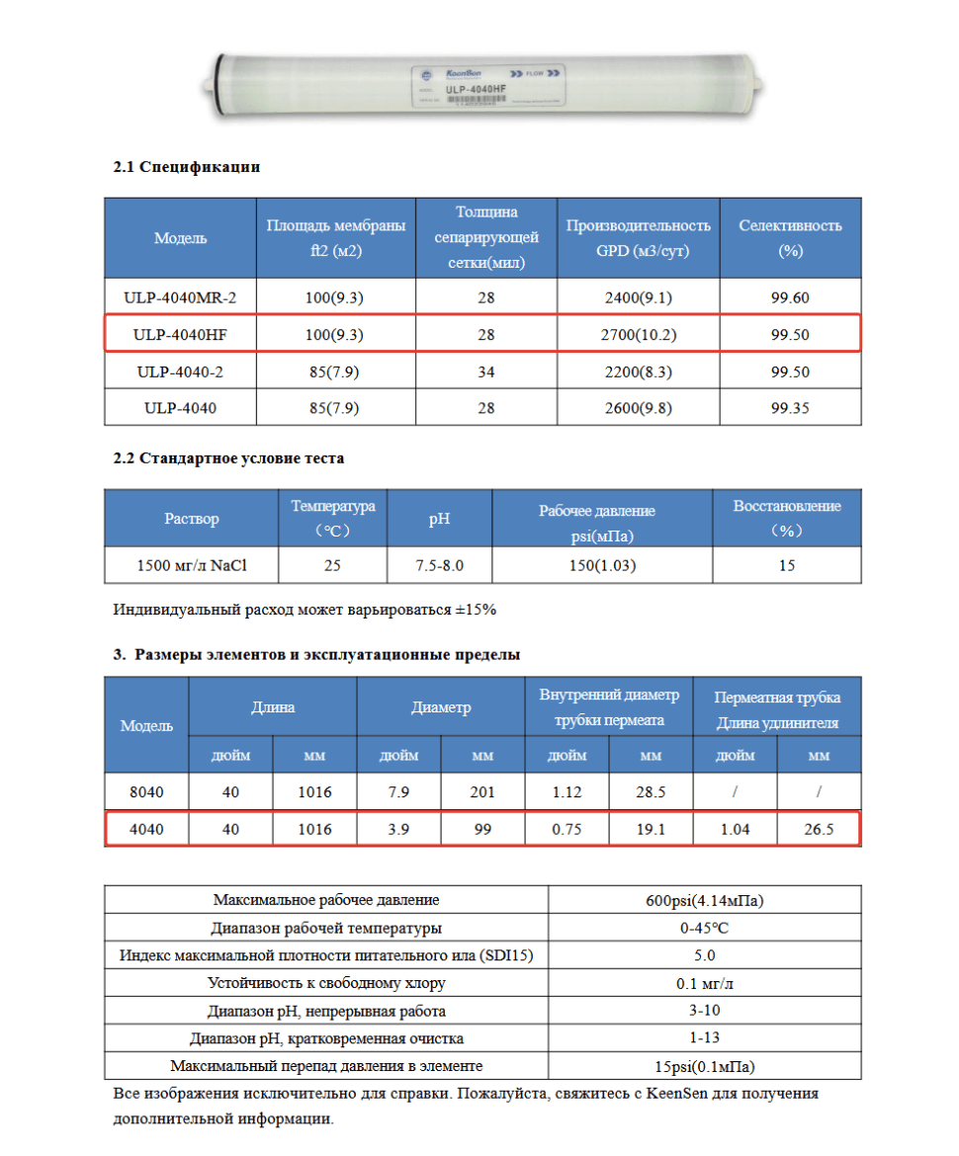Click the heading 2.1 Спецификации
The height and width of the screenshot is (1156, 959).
pos(187,167)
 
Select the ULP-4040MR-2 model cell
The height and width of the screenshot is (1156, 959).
pos(181,297)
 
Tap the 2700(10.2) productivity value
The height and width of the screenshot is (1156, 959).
pos(638,335)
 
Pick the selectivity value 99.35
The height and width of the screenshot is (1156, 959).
pos(790,407)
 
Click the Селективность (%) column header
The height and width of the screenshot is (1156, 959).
pos(790,238)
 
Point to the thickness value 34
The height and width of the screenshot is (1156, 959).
pos(485,372)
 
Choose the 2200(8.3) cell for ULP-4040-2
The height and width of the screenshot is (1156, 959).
pos(638,372)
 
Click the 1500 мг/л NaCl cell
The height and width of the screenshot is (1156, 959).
pos(191,566)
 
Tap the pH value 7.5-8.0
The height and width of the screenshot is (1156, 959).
pos(439,566)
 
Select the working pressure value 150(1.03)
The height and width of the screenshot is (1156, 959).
pos(601,566)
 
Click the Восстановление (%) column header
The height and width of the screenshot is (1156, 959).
pos(787,518)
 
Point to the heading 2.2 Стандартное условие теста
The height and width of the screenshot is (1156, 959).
pos(228,458)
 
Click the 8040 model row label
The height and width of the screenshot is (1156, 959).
pos(146,792)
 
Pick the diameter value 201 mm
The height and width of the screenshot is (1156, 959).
pos(482,792)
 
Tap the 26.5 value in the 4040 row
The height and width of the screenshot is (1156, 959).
pos(819,829)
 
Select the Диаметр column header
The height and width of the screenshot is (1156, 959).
pos(441,707)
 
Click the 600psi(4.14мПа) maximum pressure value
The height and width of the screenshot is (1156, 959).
pos(704,900)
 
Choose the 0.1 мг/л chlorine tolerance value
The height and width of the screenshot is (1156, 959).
pos(704,983)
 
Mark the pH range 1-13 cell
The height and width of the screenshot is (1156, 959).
pos(704,1038)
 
